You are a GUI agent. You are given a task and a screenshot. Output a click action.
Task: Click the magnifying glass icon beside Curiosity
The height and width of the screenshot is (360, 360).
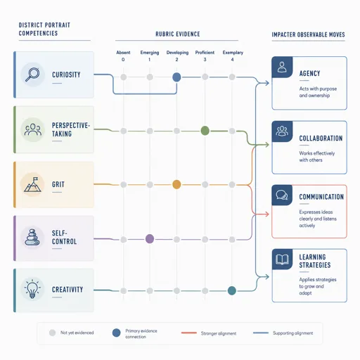click(x=32, y=75)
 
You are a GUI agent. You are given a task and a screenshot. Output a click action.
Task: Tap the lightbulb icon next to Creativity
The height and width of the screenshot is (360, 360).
click(x=32, y=289)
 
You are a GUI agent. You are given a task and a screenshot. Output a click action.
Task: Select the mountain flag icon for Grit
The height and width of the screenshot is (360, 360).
click(x=32, y=184)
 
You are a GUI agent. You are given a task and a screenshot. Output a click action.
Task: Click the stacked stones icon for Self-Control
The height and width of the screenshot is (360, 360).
click(x=32, y=237)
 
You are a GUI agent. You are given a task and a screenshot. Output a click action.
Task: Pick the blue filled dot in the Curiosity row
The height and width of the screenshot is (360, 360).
click(x=176, y=77)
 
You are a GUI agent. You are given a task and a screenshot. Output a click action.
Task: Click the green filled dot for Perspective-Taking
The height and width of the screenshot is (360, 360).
click(x=205, y=131)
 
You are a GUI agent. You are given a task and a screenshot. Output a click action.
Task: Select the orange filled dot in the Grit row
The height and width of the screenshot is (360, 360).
click(x=176, y=184)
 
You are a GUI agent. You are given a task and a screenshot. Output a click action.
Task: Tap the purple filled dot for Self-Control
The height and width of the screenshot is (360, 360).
click(x=150, y=239)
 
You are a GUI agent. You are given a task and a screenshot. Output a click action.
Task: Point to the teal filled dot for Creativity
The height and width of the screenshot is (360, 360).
click(x=232, y=290)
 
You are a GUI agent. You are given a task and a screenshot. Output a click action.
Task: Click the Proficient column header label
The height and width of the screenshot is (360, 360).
click(x=205, y=53)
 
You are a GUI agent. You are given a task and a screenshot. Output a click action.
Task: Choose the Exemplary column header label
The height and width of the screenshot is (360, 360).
click(x=233, y=53)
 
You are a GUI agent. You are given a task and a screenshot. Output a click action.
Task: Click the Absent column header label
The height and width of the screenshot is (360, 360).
click(x=123, y=53)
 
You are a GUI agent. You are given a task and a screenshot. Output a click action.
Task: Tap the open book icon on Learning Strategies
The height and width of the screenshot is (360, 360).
click(x=282, y=259)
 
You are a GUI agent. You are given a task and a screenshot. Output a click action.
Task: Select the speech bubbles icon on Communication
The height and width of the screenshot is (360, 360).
click(x=282, y=195)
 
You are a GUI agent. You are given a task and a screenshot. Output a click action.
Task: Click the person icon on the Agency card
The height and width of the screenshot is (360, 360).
click(x=282, y=67)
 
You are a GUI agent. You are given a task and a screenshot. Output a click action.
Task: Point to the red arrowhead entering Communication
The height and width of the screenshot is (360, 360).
click(x=266, y=214)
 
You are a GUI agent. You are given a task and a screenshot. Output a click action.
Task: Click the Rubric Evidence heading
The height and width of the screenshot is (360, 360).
click(x=178, y=34)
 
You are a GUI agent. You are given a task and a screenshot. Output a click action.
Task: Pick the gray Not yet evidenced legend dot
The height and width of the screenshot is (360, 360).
click(x=52, y=333)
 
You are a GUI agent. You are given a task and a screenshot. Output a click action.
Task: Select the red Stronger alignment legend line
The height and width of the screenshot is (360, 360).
click(x=189, y=333)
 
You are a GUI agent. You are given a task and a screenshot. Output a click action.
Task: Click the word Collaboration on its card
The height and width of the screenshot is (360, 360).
click(x=321, y=139)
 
